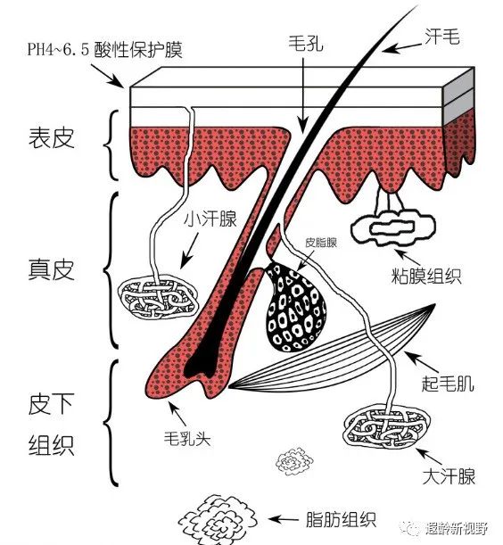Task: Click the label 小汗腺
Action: click(210, 219)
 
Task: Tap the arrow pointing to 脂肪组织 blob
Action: click(285, 518)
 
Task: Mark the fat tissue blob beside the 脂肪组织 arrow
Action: click(214, 517)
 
